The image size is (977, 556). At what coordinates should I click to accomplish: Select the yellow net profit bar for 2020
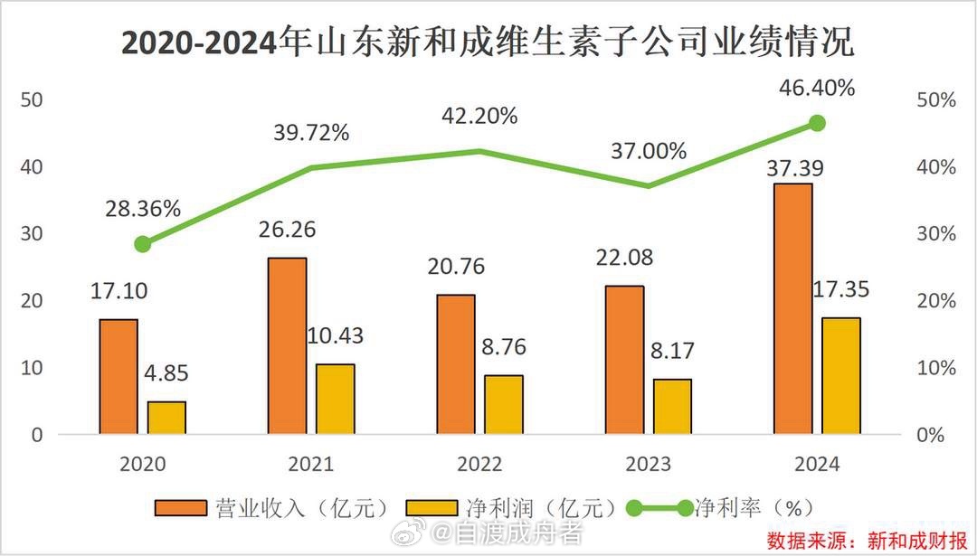click(x=166, y=418)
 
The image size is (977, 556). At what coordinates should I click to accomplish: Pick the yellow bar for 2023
click(x=672, y=407)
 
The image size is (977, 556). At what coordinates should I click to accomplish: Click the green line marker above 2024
click(x=817, y=123)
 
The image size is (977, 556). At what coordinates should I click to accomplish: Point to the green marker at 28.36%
click(x=142, y=244)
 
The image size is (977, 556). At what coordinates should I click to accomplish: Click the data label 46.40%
click(x=817, y=89)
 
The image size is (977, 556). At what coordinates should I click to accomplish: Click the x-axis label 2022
click(x=479, y=465)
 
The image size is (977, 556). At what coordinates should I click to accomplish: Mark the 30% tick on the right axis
click(x=936, y=234)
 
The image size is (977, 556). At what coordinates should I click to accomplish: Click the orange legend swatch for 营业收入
click(x=182, y=507)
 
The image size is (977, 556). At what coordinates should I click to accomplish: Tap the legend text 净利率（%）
click(x=748, y=507)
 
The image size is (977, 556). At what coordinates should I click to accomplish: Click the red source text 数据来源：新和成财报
click(x=868, y=541)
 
